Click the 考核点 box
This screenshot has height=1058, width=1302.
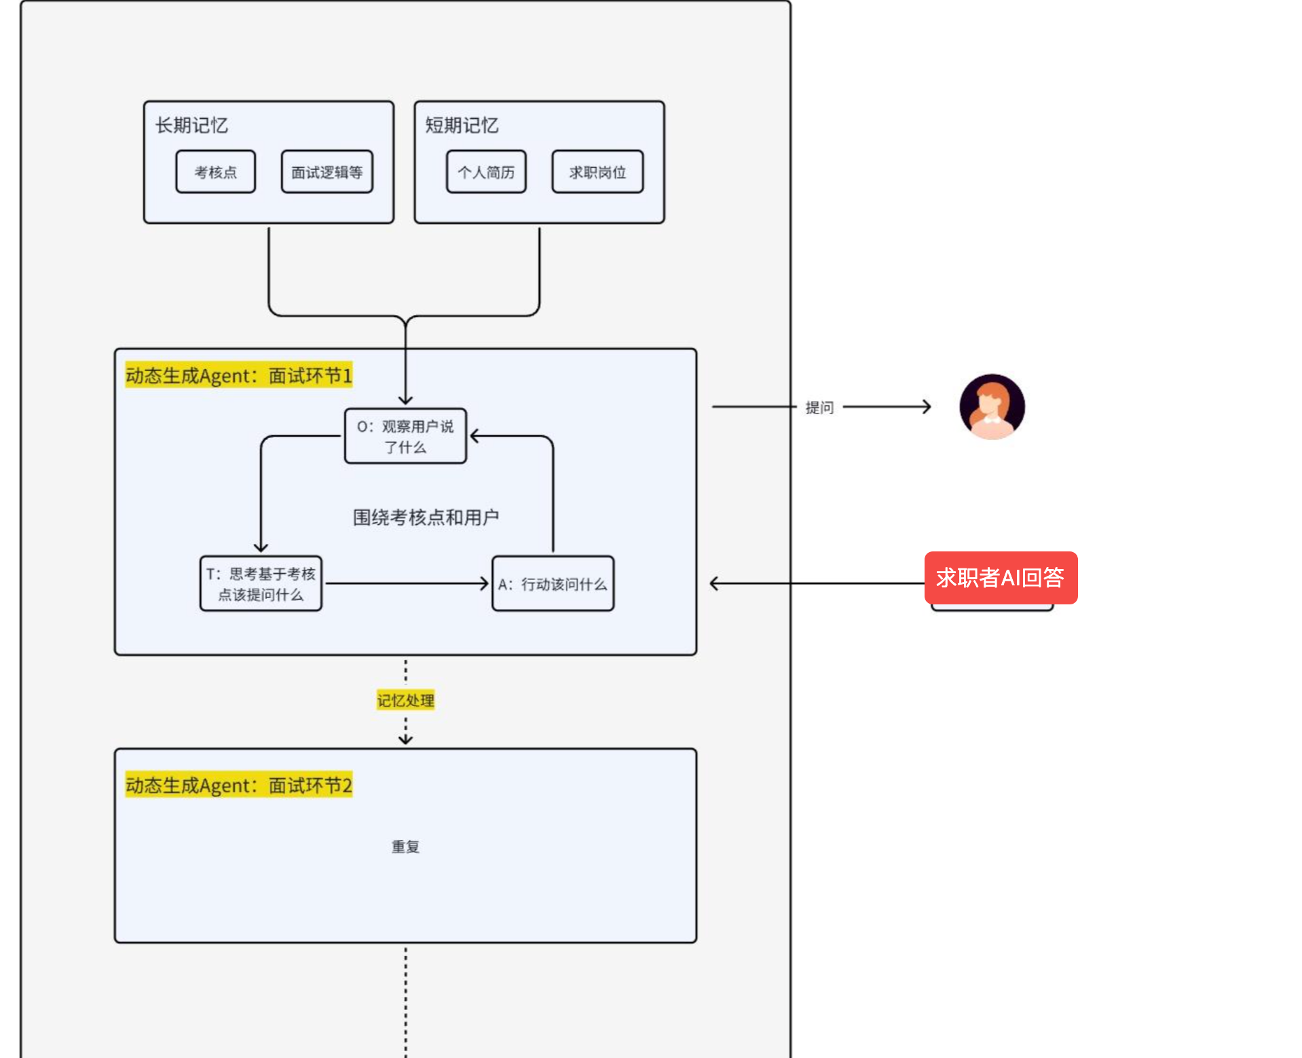[x=215, y=172]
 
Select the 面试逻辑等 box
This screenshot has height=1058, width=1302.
[x=327, y=172]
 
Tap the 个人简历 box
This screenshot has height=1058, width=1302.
[x=486, y=172]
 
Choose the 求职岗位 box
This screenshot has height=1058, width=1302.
[x=597, y=172]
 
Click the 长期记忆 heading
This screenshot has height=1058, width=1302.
[x=191, y=126]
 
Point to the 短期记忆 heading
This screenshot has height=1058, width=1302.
[x=462, y=126]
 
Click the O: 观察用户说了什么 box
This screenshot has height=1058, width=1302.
[x=405, y=436]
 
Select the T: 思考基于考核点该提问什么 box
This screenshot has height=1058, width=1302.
[x=261, y=584]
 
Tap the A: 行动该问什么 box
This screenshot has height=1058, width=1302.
[x=553, y=584]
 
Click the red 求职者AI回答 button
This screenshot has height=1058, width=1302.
[x=1001, y=578]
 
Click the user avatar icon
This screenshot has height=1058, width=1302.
[x=992, y=406]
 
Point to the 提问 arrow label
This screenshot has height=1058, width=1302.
[x=819, y=407]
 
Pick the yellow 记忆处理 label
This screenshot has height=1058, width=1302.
[x=405, y=700]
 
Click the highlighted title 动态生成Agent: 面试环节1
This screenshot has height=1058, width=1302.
[x=239, y=376]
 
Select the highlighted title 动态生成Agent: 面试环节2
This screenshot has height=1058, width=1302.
[x=239, y=785]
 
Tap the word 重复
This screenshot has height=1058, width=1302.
[x=405, y=847]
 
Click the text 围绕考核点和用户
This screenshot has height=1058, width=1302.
[x=426, y=517]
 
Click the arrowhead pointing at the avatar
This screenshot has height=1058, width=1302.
[x=927, y=407]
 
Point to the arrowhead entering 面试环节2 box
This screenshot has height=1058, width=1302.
[x=405, y=740]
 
